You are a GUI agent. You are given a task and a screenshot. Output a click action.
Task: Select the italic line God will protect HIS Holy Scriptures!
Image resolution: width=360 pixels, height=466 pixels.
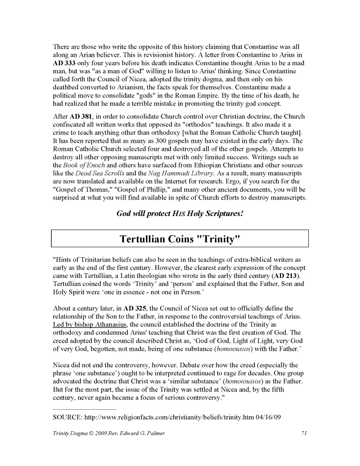[180, 214]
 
